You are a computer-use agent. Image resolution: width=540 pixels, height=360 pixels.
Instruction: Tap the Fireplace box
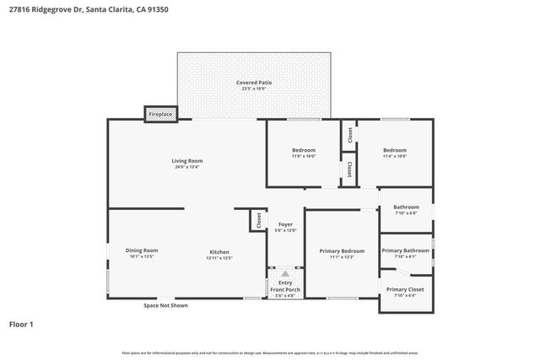click(x=161, y=113)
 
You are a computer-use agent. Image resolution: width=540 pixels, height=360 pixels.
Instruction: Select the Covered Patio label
click(x=253, y=82)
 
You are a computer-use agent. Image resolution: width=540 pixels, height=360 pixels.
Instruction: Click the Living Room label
click(x=187, y=160)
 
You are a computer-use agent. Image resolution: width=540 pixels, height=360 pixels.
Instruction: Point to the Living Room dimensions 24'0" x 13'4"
click(x=187, y=167)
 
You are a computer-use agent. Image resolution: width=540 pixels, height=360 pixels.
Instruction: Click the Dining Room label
click(x=142, y=250)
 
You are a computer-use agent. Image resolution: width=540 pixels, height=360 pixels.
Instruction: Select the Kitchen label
click(x=220, y=251)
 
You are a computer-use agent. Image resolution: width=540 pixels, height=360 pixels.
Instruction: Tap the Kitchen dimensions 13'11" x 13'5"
click(x=220, y=258)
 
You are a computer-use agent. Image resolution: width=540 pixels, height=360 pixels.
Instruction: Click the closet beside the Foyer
click(x=256, y=220)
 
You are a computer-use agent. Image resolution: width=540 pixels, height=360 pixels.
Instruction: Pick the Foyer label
click(x=285, y=224)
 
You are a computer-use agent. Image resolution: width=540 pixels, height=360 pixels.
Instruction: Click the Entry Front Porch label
click(x=285, y=286)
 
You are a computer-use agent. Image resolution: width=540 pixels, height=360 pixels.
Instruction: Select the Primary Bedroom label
click(x=342, y=250)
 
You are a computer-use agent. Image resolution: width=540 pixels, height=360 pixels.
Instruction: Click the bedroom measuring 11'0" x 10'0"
click(x=304, y=153)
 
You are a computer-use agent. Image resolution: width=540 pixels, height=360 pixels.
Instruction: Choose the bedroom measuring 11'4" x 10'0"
click(x=394, y=153)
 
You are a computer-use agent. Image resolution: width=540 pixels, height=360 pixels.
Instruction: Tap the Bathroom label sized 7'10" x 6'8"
click(x=406, y=207)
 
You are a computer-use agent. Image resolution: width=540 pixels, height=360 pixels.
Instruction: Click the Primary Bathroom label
click(x=406, y=250)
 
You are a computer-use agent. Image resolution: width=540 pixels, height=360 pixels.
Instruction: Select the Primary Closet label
click(x=406, y=289)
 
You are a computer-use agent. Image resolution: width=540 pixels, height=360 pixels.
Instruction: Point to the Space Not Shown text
click(x=165, y=305)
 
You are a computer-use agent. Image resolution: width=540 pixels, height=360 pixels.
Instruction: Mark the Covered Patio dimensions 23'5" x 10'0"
click(x=253, y=89)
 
